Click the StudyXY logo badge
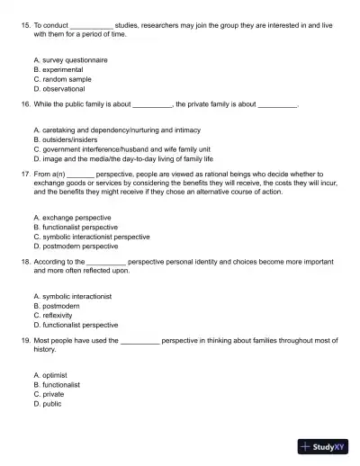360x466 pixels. click(x=324, y=445)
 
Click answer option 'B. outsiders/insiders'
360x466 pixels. click(x=71, y=139)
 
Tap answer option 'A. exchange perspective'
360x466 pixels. click(x=72, y=217)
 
